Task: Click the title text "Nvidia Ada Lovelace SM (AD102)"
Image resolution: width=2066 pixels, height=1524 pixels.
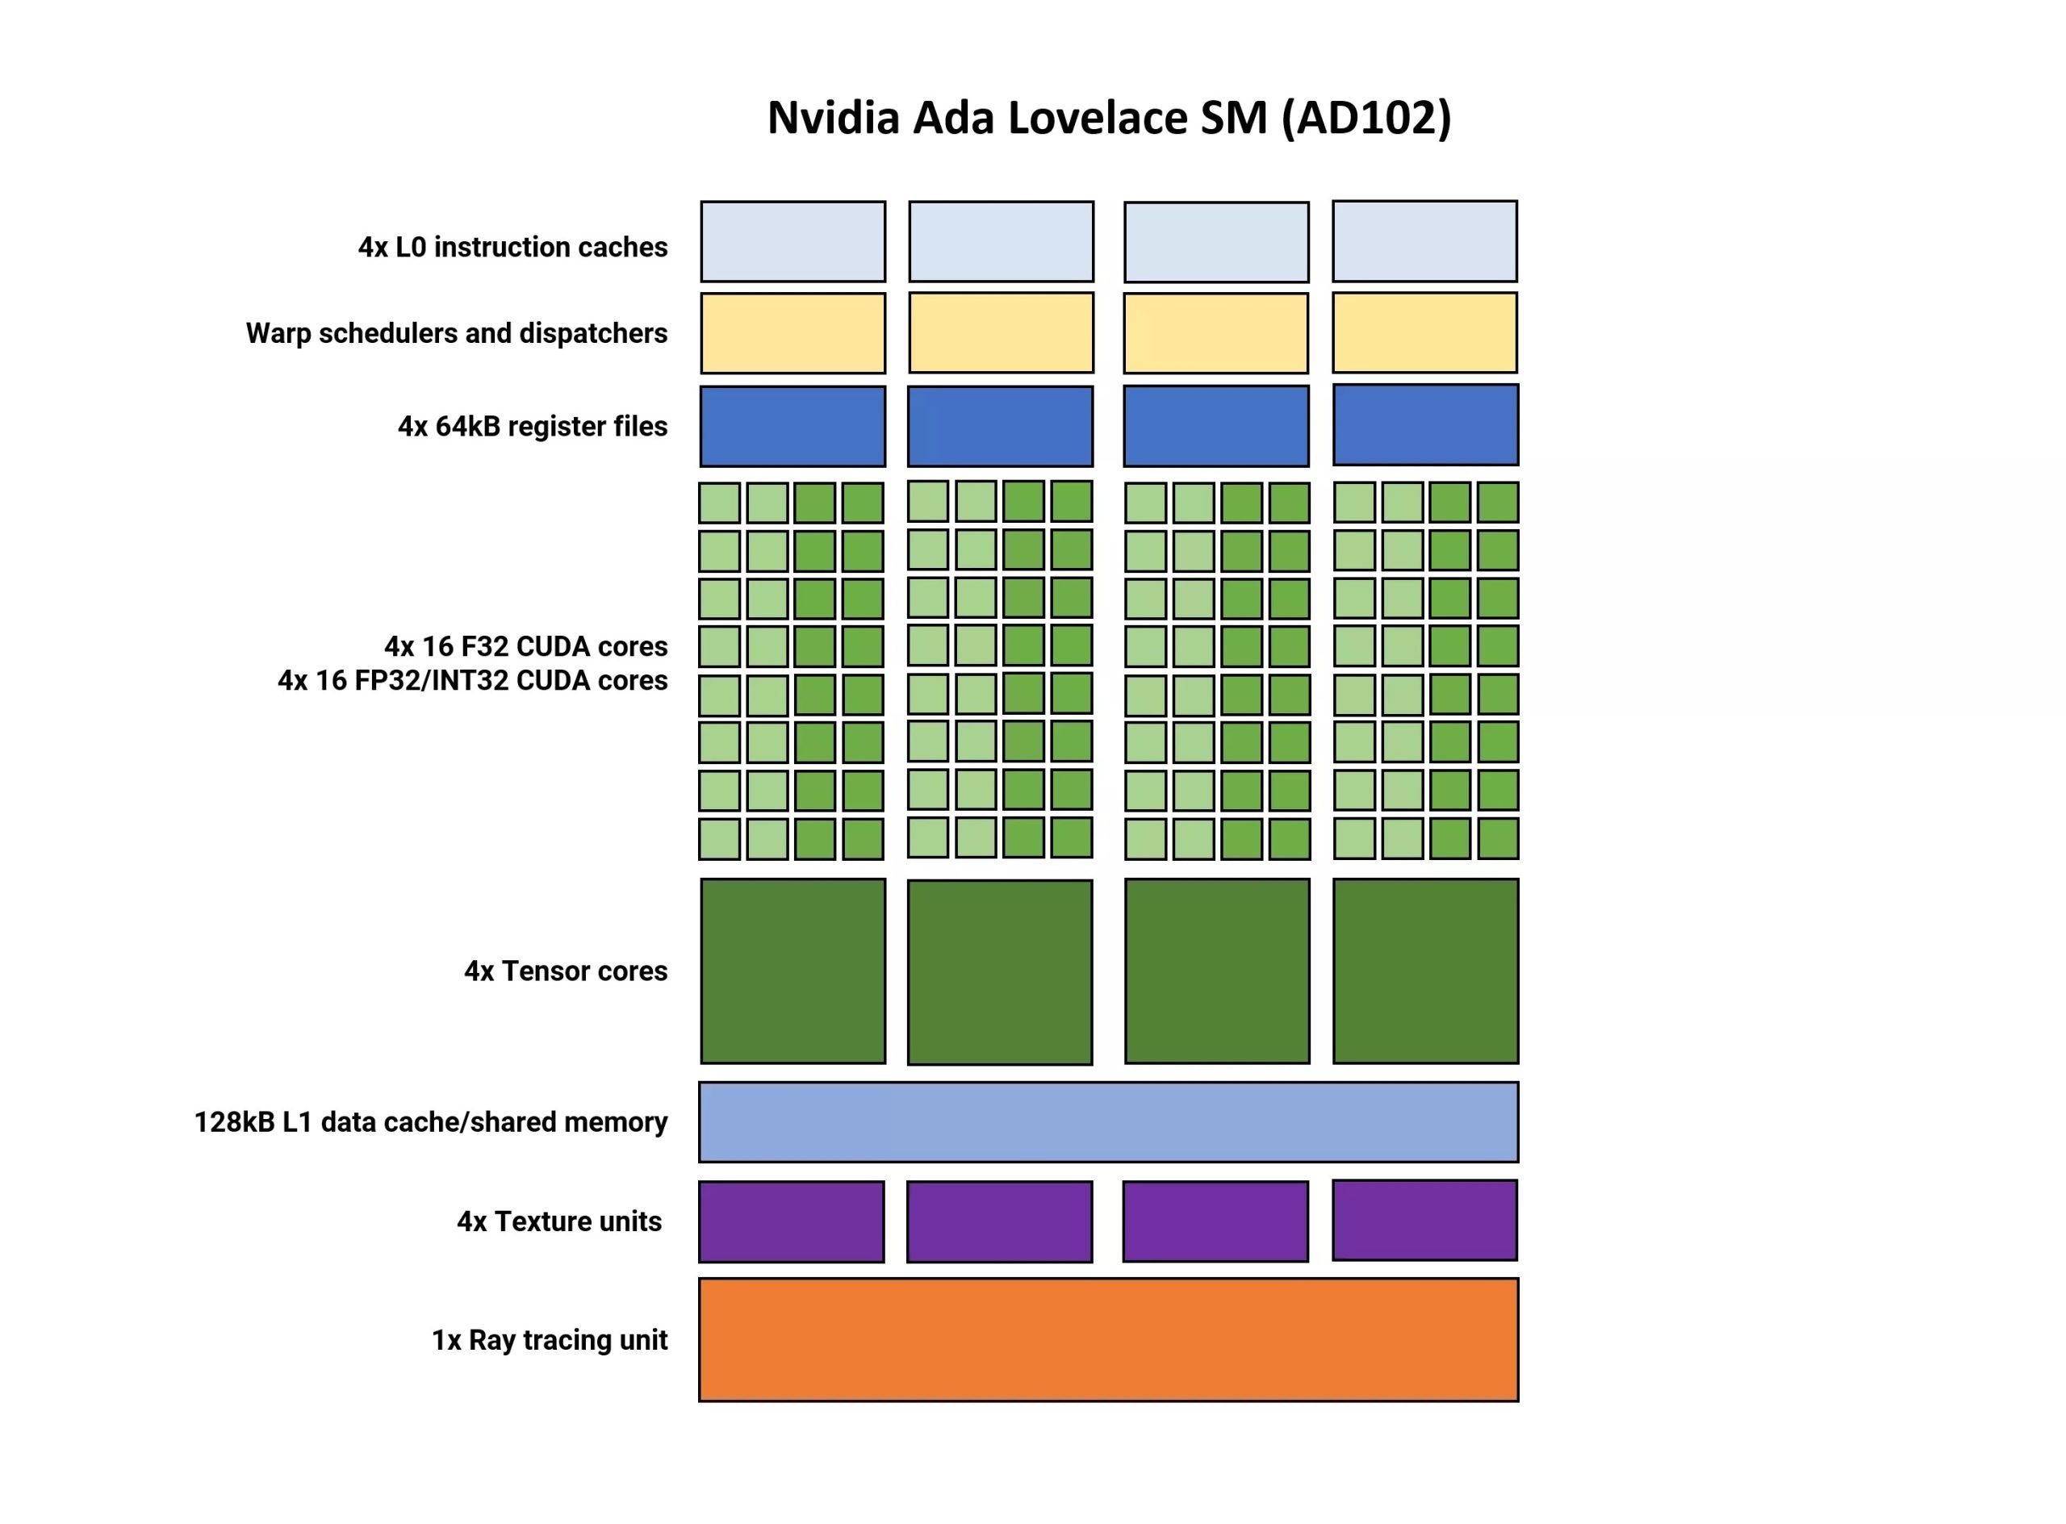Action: click(x=1108, y=118)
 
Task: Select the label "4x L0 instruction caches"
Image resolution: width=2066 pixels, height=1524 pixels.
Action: click(x=512, y=247)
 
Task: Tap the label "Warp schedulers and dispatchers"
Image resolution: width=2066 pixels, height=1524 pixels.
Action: click(x=456, y=333)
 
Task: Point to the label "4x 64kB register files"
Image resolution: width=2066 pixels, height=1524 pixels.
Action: click(x=533, y=426)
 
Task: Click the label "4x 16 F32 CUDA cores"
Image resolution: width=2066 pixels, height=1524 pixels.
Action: click(x=525, y=645)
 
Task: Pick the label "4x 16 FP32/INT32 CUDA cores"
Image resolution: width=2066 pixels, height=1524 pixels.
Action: click(x=472, y=681)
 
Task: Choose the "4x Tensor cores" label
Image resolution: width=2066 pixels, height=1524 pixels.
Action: click(x=565, y=971)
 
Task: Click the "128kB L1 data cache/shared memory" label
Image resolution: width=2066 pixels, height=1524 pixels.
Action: click(x=430, y=1121)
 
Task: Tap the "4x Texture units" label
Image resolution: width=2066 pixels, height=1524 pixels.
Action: click(x=559, y=1221)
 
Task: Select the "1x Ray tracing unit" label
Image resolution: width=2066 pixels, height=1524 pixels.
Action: click(x=549, y=1339)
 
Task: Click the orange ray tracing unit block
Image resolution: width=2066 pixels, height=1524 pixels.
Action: click(x=1107, y=1339)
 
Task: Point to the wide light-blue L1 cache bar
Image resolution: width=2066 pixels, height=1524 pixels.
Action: click(x=1107, y=1121)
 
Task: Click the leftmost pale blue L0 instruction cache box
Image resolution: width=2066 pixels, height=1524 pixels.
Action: click(x=793, y=242)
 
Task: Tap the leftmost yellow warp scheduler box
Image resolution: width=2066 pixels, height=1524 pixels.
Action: click(x=793, y=333)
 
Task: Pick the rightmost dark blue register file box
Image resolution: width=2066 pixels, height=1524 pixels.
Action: click(x=1424, y=425)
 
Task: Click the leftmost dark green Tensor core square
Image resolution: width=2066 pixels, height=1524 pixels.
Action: click(x=793, y=971)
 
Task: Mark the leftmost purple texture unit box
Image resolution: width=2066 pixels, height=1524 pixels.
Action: click(x=791, y=1221)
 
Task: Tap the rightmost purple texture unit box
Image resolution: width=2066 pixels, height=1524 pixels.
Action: click(x=1424, y=1220)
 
